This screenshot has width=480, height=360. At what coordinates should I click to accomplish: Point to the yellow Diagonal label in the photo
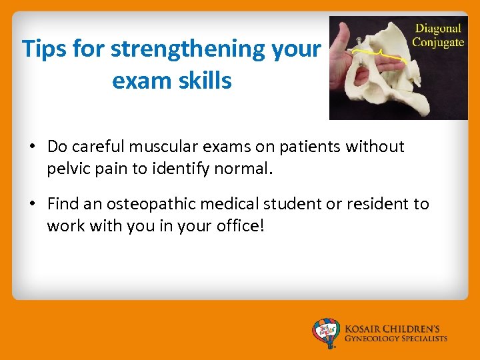[437, 29]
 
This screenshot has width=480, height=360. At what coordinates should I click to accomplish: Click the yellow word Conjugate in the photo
[437, 42]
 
